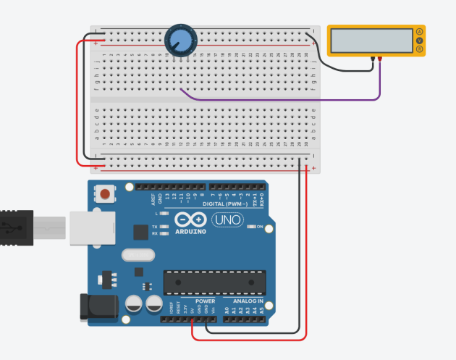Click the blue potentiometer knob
179,39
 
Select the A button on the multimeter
418,32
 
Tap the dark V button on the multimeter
418,41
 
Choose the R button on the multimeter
418,49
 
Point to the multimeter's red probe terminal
381,58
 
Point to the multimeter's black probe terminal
372,58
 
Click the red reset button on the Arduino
106,194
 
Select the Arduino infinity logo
191,220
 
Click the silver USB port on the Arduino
90,227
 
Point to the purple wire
290,99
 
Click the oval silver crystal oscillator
138,255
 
